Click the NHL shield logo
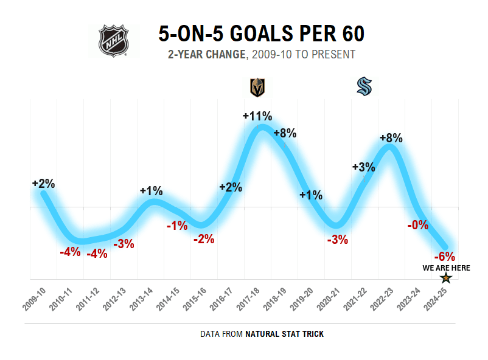coord(114,41)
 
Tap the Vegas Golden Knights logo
coord(258,88)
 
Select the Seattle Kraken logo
coord(364,87)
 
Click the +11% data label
coord(257,116)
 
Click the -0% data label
coord(418,224)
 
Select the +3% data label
coord(363,167)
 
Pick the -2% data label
coord(204,239)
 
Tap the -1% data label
coord(177,226)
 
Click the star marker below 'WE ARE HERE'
coord(446,278)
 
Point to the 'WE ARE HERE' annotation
coord(446,268)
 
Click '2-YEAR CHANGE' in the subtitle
coord(206,55)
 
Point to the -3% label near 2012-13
coord(124,244)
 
